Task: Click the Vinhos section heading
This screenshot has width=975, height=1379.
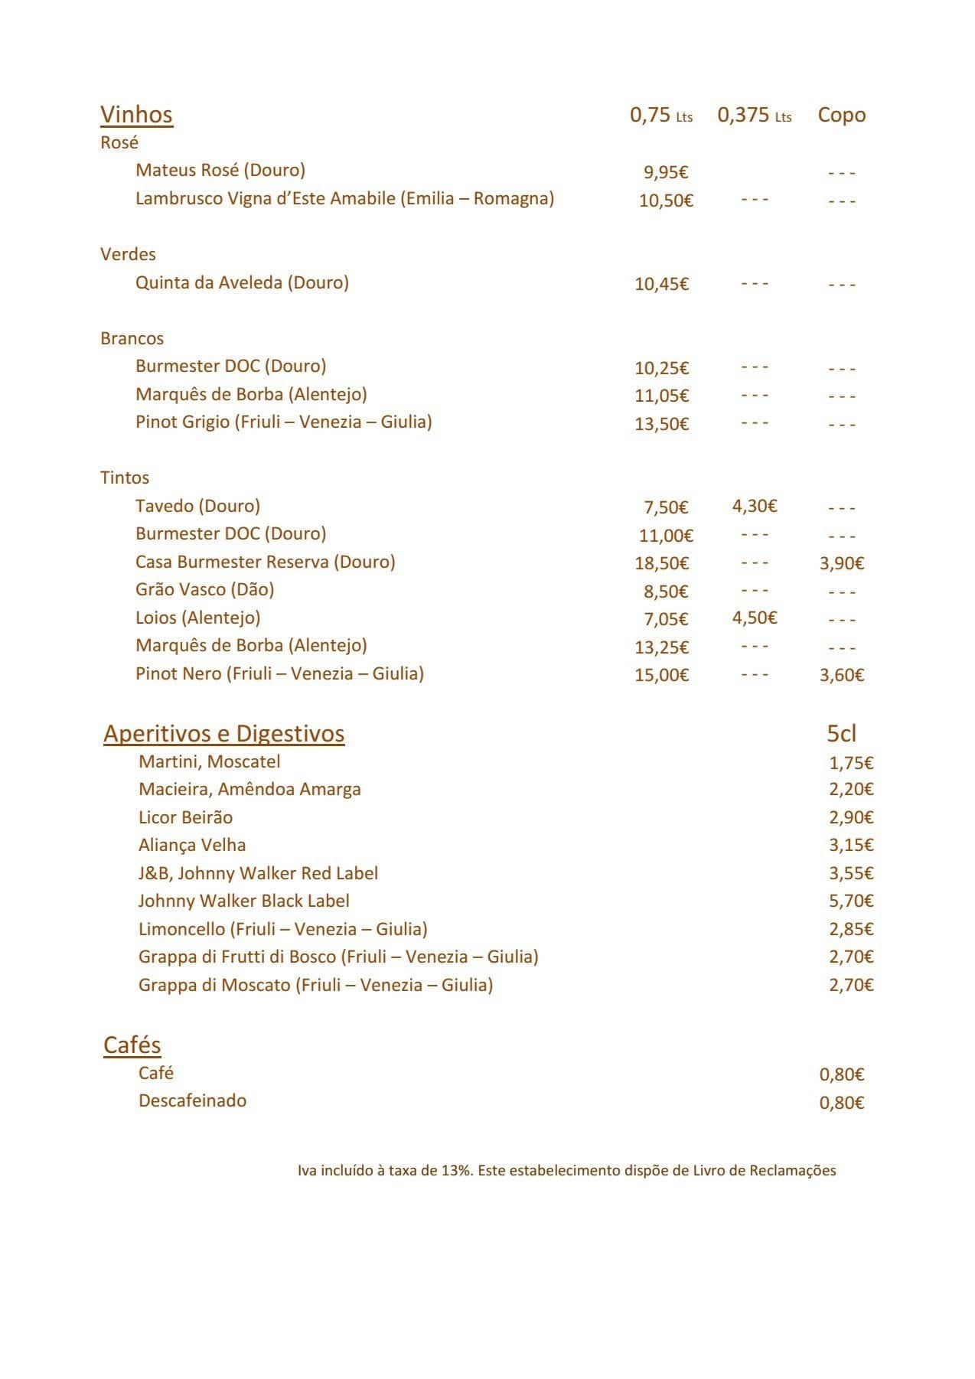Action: (x=136, y=115)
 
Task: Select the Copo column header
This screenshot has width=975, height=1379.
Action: (x=841, y=115)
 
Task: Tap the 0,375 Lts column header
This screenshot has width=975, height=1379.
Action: (x=754, y=116)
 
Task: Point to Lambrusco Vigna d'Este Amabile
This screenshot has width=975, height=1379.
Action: (x=344, y=199)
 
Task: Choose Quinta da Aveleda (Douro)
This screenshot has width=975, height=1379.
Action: (x=242, y=283)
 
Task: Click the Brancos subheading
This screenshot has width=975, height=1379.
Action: (x=132, y=338)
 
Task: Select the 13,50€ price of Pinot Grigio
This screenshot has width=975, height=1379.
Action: (x=661, y=424)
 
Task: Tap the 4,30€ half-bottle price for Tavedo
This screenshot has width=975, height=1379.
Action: (x=754, y=506)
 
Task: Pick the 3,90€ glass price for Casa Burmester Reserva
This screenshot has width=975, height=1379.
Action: (x=841, y=564)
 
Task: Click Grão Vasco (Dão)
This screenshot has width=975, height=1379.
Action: (x=204, y=589)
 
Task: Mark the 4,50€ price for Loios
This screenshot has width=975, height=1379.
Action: (x=754, y=618)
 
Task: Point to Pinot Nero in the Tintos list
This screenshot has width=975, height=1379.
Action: (x=279, y=673)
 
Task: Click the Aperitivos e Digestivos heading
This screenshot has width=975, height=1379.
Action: (x=223, y=734)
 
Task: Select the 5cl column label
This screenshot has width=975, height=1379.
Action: (x=841, y=734)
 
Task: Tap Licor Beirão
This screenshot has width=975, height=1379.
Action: (x=185, y=817)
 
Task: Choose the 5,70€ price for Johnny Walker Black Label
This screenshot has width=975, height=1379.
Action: (x=850, y=901)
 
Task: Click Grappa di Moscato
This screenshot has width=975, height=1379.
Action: (x=315, y=985)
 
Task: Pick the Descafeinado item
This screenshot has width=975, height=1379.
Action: (x=192, y=1101)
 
